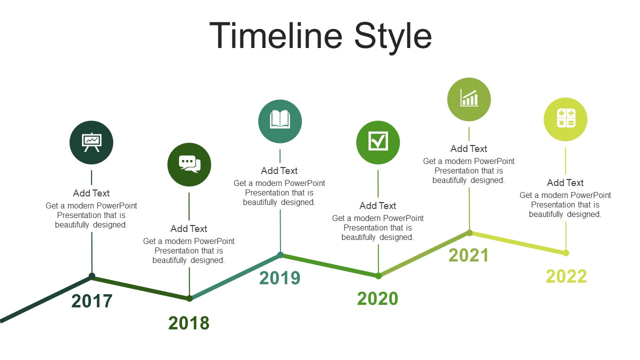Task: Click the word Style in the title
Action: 393,37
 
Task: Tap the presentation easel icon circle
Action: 91,142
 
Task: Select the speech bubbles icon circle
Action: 189,164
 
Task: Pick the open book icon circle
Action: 280,121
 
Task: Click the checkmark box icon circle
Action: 378,142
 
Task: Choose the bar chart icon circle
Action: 469,99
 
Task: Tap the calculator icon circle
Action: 565,119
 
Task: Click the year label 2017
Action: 91,301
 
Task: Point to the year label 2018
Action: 189,323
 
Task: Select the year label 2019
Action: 279,277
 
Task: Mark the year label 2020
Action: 377,298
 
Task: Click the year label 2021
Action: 468,255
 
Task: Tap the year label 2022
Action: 566,276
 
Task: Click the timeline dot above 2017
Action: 91,276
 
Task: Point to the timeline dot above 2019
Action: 280,255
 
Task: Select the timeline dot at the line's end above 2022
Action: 566,253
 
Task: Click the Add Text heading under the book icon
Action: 279,170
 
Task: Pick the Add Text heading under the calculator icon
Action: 565,182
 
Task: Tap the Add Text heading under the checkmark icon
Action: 377,205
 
